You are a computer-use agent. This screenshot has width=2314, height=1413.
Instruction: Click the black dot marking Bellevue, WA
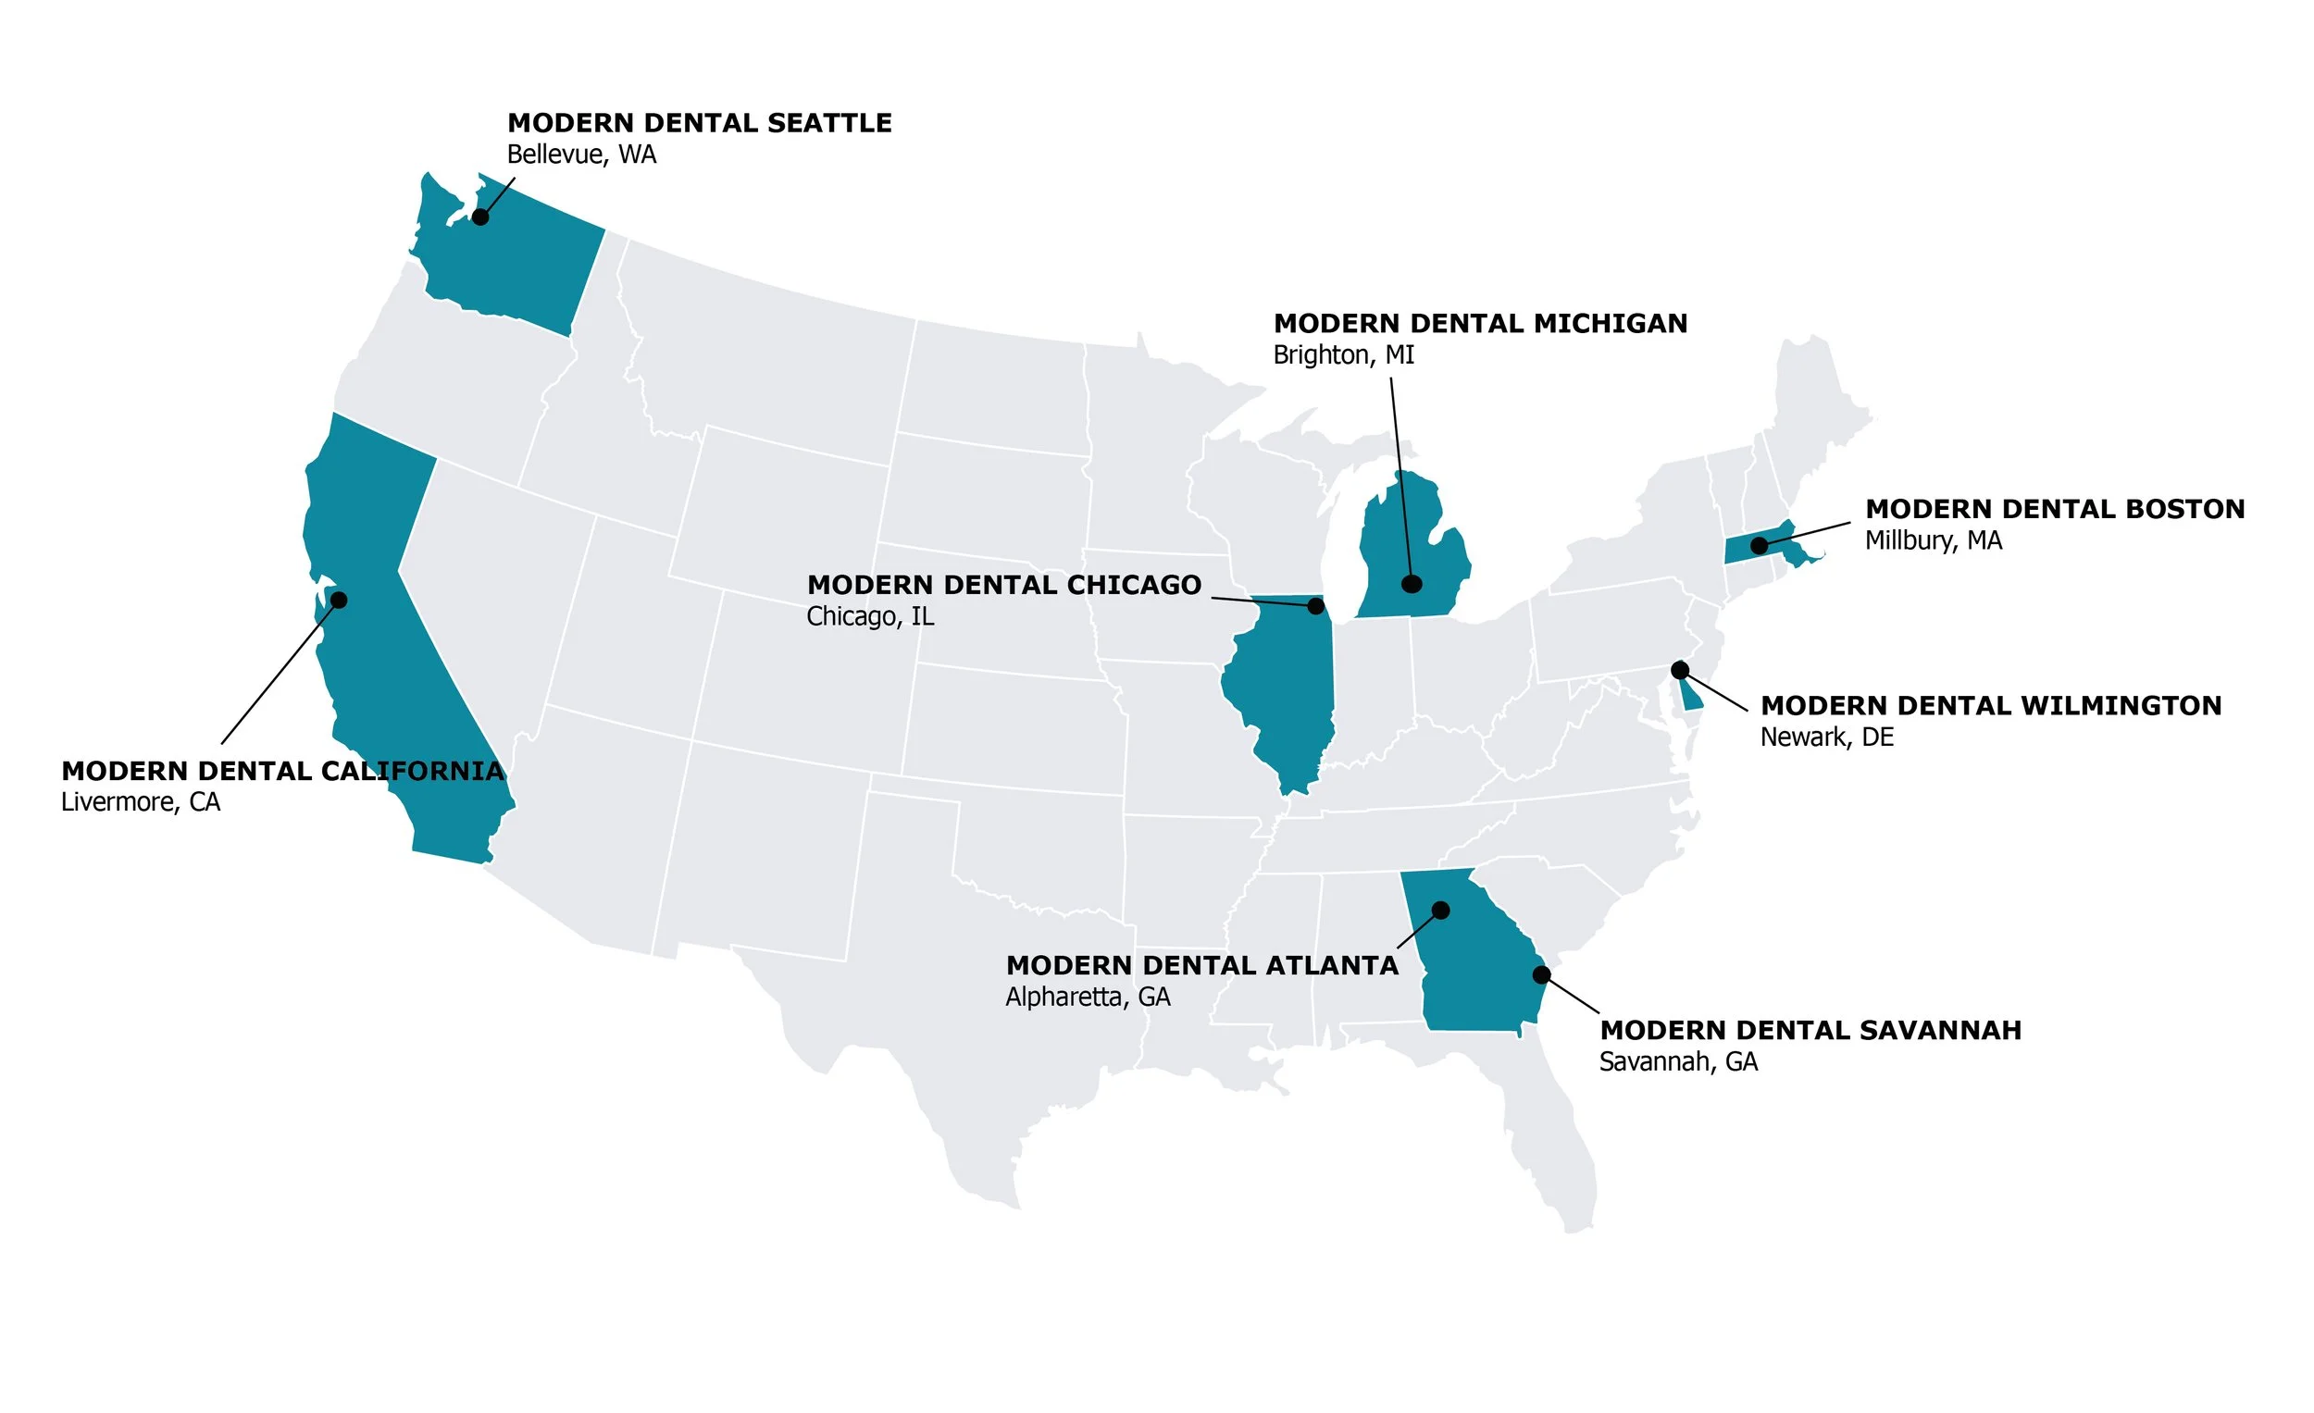pos(479,217)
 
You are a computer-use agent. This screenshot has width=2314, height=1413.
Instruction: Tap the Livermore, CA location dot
pos(339,600)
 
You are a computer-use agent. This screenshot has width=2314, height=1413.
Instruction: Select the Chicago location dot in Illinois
pos(1315,606)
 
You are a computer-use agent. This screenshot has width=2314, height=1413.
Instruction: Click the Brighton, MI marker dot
pos(1411,584)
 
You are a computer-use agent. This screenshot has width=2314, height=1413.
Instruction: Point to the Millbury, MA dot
pos(1759,545)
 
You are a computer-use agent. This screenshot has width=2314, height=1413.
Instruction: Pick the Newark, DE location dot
pos(1680,669)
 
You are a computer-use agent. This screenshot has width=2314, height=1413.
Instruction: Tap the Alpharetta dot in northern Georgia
pos(1440,910)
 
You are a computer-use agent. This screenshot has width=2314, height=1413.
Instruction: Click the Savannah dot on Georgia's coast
pos(1541,974)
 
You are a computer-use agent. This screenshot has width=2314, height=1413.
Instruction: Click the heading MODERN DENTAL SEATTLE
pos(699,123)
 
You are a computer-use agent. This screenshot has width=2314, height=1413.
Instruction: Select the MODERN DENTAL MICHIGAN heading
pos(1480,324)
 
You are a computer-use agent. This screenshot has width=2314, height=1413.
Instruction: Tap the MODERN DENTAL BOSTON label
pos(2055,509)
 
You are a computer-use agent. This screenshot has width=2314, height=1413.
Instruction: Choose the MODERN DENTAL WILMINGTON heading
pos(1991,706)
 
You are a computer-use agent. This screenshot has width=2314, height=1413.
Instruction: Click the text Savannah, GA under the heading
pos(1678,1062)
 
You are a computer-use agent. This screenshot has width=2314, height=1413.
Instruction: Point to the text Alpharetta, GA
pos(1088,998)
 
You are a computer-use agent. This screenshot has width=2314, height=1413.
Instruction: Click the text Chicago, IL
pos(870,617)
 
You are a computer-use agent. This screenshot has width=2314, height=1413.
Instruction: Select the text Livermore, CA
pos(141,801)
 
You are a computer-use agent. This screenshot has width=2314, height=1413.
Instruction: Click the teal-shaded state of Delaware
pos(1691,699)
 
